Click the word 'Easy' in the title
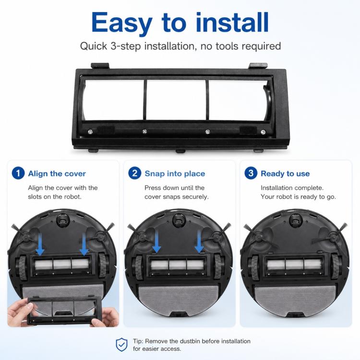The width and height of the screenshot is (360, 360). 122,23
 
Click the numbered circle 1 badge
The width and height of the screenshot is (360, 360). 18,173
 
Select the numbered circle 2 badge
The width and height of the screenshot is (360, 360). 134,173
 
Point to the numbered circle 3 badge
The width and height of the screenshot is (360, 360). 251,173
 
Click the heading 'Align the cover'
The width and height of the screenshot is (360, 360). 57,174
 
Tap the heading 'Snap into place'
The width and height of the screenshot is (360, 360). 175,174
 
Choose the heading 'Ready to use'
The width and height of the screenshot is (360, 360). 285,174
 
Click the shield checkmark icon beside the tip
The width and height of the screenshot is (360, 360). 122,345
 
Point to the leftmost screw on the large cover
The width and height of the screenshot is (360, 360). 90,132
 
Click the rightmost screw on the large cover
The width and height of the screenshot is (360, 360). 263,132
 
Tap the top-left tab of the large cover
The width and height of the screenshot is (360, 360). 100,66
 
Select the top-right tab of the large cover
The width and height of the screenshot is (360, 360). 258,66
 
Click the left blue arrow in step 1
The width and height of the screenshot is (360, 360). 40,244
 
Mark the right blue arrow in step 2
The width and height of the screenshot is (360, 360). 199,241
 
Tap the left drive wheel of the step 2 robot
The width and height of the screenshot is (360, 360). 138,267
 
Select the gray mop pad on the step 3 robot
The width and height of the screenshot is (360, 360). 295,300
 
